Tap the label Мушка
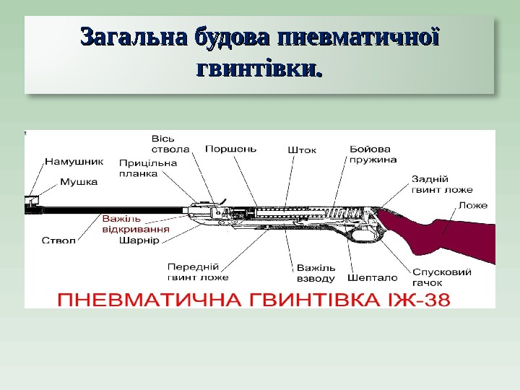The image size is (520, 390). [78, 182]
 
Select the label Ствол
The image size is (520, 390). [58, 240]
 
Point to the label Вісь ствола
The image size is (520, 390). [170, 144]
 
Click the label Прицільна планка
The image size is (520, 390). [148, 168]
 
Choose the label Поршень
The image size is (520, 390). [230, 149]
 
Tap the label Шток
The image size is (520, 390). [302, 149]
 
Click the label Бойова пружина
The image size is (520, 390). [373, 154]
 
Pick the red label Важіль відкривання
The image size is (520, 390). [136, 224]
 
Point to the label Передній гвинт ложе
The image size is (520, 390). [198, 272]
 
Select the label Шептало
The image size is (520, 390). [372, 277]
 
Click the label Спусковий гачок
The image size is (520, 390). [442, 277]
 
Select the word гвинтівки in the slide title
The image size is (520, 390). [259, 70]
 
